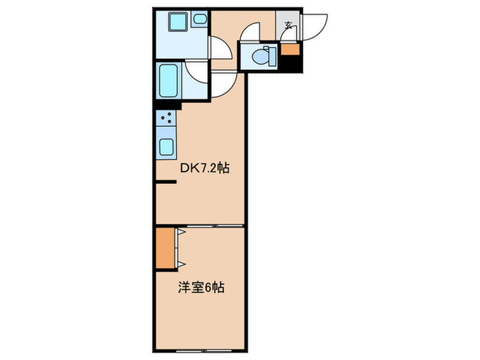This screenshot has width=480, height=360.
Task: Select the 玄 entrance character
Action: point(288,27)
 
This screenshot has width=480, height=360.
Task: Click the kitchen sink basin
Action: point(167,147)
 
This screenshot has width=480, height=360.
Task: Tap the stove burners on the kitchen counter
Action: point(166,120)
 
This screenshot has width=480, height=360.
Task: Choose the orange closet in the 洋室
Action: point(165,246)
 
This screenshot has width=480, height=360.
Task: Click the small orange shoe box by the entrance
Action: point(291,48)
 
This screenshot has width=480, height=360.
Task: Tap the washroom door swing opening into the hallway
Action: point(219,49)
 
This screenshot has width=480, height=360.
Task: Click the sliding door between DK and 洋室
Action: point(199,225)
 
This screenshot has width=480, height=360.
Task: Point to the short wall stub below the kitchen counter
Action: point(165,182)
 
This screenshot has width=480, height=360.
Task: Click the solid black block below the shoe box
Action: point(292,63)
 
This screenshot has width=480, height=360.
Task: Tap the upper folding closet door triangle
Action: point(181,233)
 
